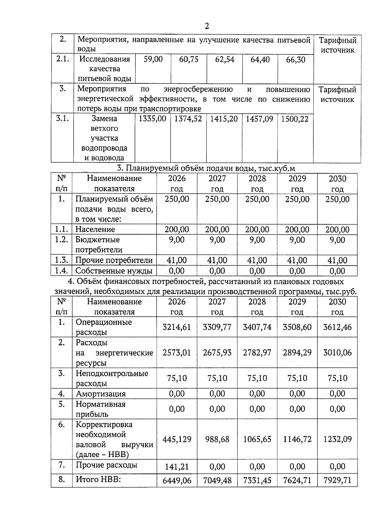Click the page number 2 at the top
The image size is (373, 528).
click(207, 26)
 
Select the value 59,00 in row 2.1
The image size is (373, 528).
click(153, 59)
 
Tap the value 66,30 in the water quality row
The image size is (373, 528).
click(295, 60)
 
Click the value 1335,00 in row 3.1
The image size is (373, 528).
click(152, 119)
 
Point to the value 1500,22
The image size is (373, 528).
click(295, 119)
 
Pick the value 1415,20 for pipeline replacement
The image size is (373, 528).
click(224, 119)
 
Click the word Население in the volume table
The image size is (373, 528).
click(95, 230)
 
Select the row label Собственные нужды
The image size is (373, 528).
click(114, 271)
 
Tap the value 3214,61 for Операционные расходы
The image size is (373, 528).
click(177, 327)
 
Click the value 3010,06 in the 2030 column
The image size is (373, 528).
click(337, 353)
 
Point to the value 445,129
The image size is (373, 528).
click(177, 439)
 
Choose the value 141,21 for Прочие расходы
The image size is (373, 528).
click(177, 467)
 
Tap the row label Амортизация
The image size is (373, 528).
click(101, 394)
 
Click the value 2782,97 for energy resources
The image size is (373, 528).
click(257, 353)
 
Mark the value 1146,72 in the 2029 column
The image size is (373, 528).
click(297, 439)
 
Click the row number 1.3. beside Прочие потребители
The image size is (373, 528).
click(62, 260)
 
